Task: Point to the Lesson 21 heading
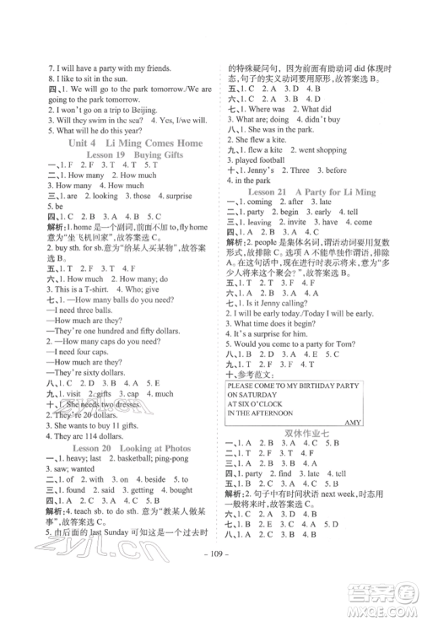319,214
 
